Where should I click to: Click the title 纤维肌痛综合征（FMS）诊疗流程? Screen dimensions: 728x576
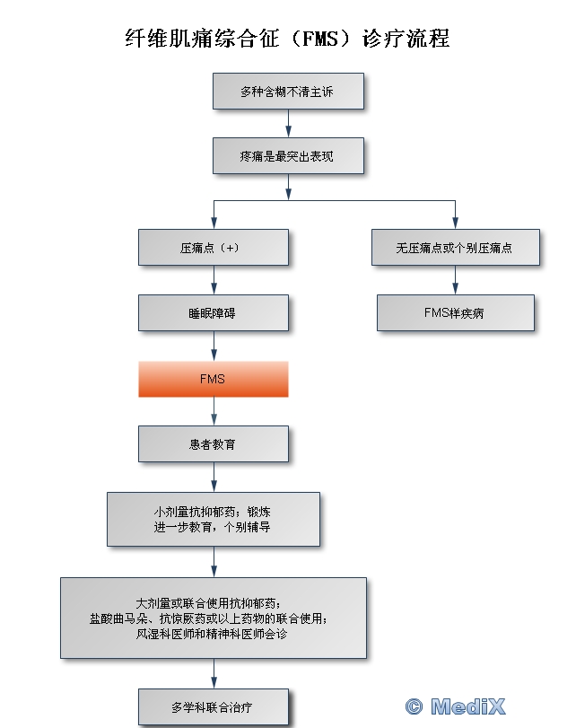pyautogui.click(x=287, y=39)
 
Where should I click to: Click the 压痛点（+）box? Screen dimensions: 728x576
pyautogui.click(x=214, y=247)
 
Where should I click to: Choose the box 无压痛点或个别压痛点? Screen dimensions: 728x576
pyautogui.click(x=455, y=247)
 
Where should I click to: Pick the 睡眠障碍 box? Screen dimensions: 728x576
pyautogui.click(x=214, y=313)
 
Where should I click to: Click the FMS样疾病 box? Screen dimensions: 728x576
pyautogui.click(x=455, y=312)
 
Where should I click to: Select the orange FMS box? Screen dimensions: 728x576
pyautogui.click(x=214, y=379)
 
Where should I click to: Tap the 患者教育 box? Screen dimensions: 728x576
pyautogui.click(x=214, y=443)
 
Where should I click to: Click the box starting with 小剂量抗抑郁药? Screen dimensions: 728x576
pyautogui.click(x=214, y=519)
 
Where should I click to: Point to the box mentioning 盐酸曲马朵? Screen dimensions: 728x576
pyautogui.click(x=214, y=618)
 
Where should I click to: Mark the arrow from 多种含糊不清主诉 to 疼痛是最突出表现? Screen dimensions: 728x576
pyautogui.click(x=288, y=123)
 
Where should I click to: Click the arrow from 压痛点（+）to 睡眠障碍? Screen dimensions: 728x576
pyautogui.click(x=214, y=280)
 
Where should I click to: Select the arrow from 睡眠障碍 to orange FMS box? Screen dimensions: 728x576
pyautogui.click(x=214, y=346)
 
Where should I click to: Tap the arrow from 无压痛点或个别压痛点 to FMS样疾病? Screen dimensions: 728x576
pyautogui.click(x=455, y=280)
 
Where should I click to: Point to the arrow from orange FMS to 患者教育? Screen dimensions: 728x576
pyautogui.click(x=214, y=411)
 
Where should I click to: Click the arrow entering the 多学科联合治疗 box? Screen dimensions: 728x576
pyautogui.click(x=214, y=673)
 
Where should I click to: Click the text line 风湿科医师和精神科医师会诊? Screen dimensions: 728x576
pyautogui.click(x=214, y=633)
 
